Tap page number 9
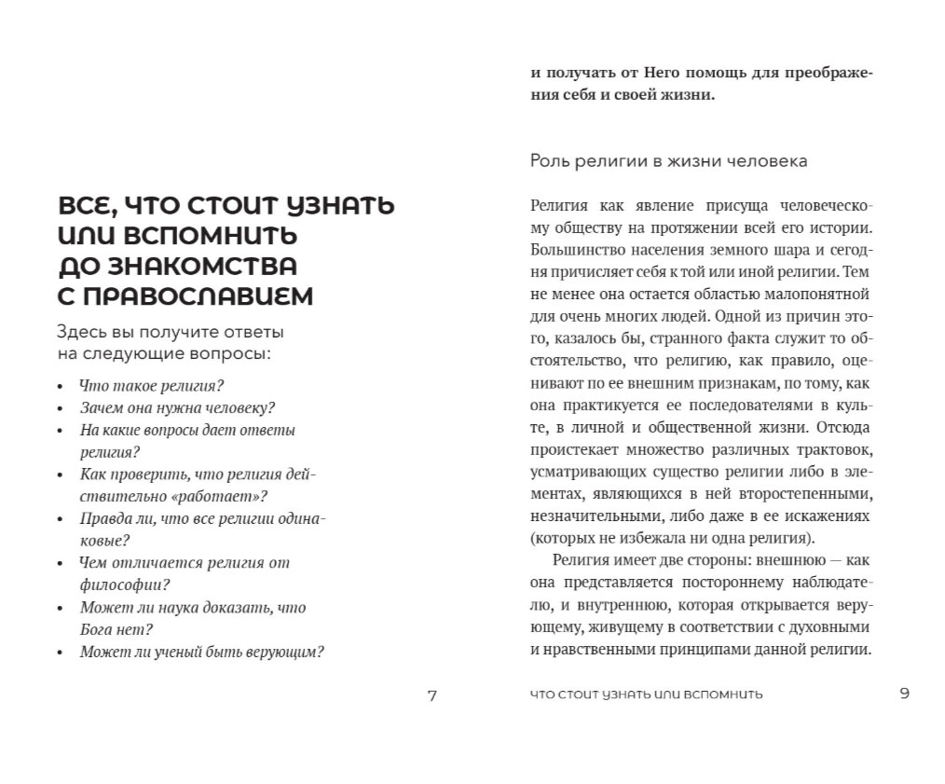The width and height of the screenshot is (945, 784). tap(904, 693)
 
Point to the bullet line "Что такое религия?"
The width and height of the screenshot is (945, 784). tap(153, 384)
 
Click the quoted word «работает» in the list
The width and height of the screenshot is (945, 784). tap(218, 496)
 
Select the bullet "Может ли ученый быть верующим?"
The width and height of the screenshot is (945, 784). tap(201, 653)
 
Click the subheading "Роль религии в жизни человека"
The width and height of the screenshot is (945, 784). tap(669, 161)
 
